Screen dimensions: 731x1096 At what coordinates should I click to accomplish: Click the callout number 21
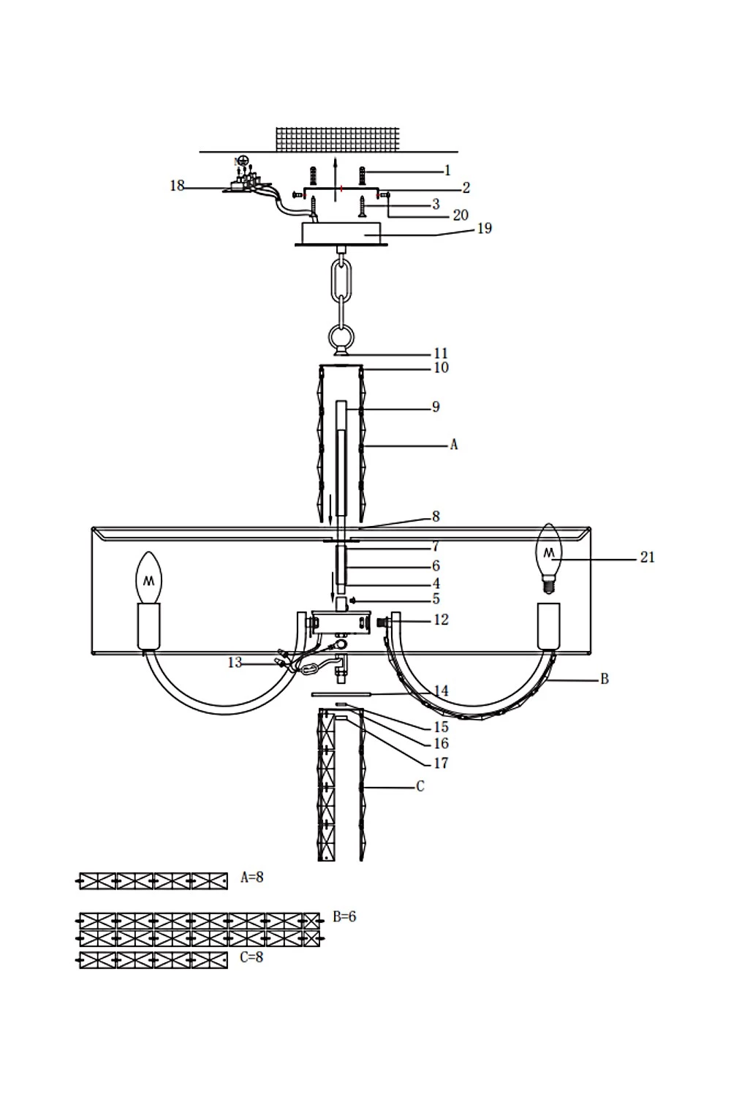click(647, 557)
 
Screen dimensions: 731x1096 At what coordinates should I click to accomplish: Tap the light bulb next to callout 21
click(550, 559)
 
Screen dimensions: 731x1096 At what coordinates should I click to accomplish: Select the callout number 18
click(177, 186)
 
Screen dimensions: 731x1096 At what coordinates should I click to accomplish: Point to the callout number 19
click(484, 228)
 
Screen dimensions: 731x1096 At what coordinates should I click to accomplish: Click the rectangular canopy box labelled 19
click(341, 234)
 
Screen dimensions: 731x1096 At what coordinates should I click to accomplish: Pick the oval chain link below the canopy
click(341, 281)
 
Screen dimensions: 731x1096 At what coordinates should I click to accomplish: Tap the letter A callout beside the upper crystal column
click(453, 445)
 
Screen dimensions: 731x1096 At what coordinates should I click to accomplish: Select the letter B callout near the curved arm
click(605, 679)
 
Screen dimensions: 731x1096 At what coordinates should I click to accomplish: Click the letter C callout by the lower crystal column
click(420, 786)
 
